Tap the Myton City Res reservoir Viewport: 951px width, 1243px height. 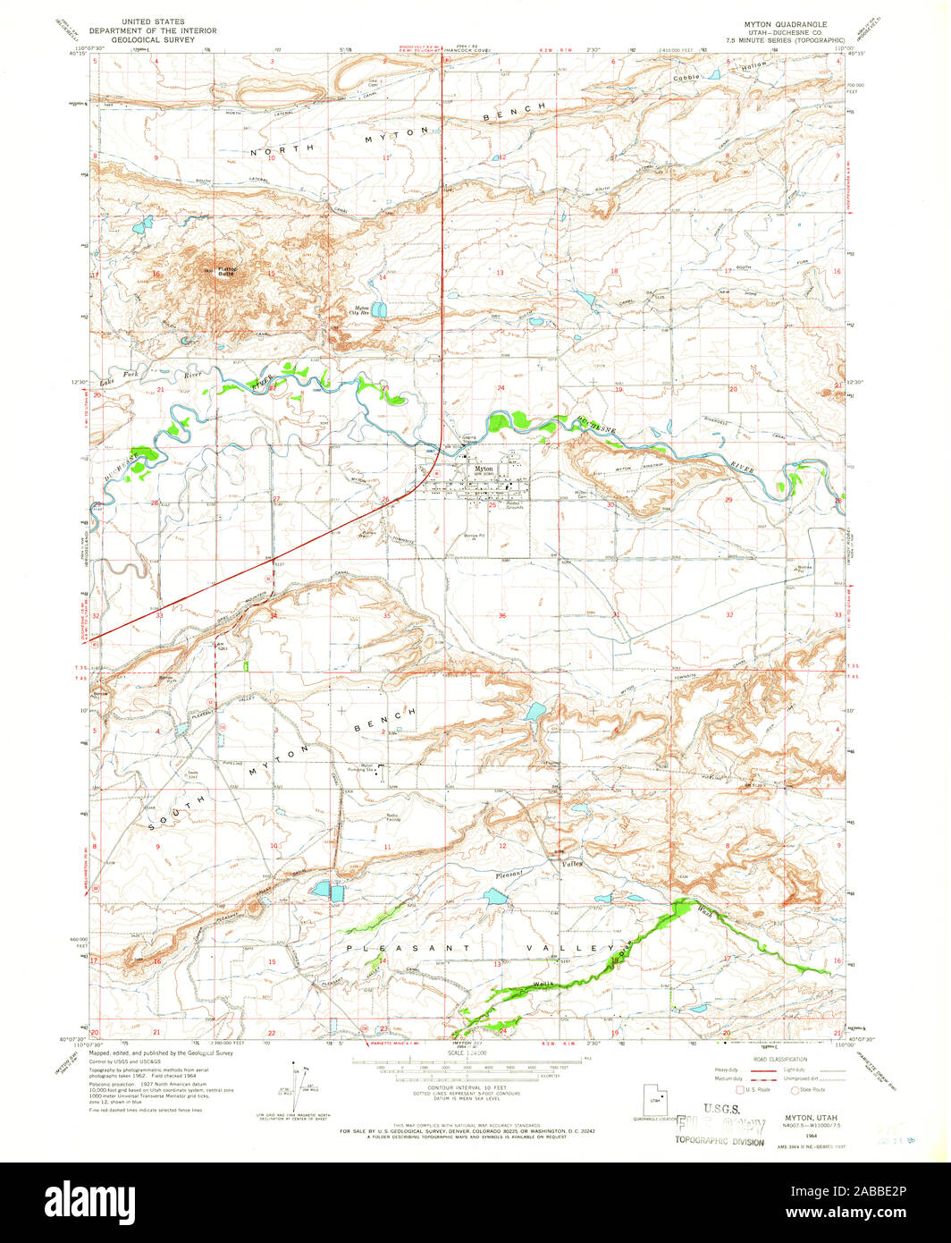coord(379,310)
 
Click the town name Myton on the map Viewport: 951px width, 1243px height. coord(484,469)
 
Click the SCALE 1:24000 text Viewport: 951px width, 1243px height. coord(468,1054)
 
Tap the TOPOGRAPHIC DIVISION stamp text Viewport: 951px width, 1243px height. coord(720,1142)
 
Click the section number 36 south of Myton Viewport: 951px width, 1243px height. coord(502,615)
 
